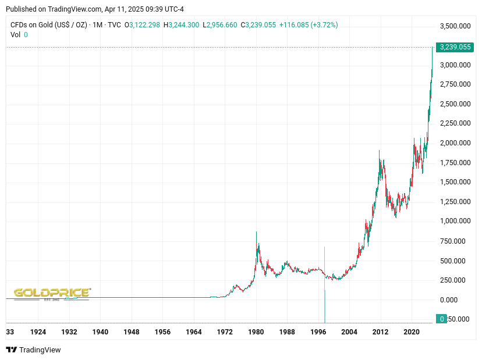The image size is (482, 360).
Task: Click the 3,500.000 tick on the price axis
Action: [455, 26]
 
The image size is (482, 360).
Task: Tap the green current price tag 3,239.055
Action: [456, 47]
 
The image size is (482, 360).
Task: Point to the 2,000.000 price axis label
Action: [455, 143]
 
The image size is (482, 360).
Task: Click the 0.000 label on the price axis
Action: [448, 300]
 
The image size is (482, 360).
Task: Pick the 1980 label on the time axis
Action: [256, 332]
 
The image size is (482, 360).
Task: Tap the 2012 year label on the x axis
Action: [380, 332]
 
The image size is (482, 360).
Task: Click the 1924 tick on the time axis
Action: [38, 332]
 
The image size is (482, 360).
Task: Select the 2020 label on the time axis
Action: [412, 332]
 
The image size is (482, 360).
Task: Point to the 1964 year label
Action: [194, 332]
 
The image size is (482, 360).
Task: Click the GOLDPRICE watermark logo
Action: [52, 293]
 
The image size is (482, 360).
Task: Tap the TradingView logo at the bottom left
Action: [34, 350]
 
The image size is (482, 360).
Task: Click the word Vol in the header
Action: [16, 35]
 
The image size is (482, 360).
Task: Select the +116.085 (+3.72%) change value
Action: [309, 25]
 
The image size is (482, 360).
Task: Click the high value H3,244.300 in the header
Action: [181, 25]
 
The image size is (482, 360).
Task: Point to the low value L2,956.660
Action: [219, 25]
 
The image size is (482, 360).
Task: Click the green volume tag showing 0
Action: [442, 319]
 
